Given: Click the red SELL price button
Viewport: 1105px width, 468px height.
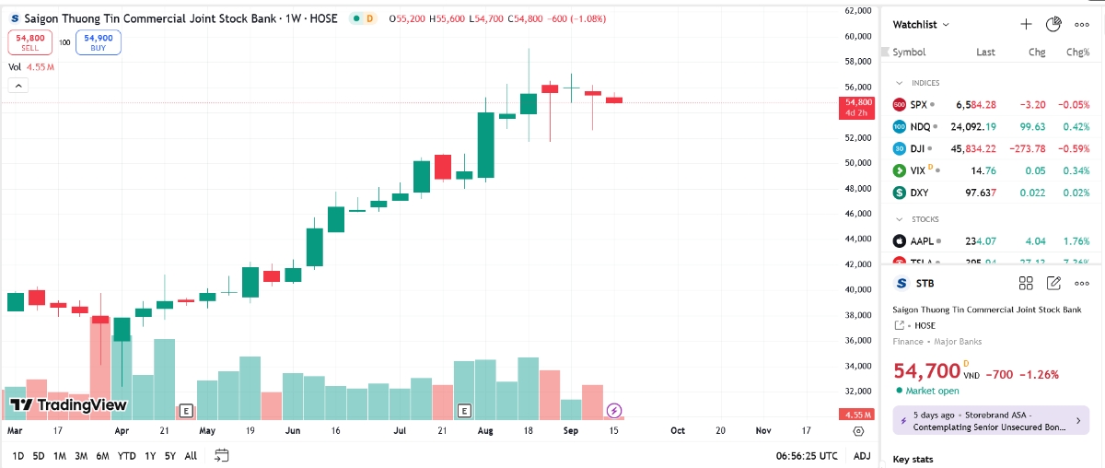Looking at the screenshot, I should point(30,42).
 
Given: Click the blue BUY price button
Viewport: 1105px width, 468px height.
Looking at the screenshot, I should point(99,42).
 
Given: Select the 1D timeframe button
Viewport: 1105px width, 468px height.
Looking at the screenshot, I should point(18,455).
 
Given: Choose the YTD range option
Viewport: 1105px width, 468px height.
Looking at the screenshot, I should point(127,455).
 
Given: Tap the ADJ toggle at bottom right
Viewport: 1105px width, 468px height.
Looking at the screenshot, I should point(862,455).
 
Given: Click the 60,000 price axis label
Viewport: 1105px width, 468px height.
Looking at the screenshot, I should point(857,36).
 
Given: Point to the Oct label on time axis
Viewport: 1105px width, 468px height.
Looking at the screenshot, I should point(678,430).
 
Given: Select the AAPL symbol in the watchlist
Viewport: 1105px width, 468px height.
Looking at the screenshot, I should point(923,241).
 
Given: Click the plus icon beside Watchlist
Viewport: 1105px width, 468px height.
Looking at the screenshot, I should point(1026,24).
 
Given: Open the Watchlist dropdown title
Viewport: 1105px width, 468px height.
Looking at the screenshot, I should point(921,25).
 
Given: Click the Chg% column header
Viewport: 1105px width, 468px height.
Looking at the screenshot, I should point(1077,53).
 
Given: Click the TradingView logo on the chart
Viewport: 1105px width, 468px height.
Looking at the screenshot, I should point(68,404).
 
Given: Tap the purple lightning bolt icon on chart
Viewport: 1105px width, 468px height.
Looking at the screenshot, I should point(615,410).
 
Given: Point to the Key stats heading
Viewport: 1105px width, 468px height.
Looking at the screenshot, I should point(913,458).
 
